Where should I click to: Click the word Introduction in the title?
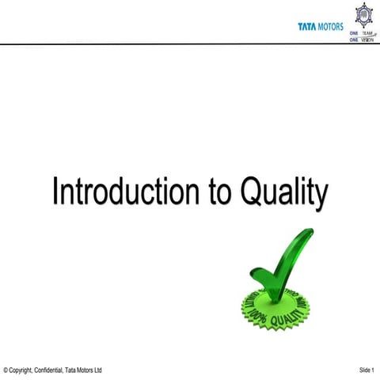click(120, 193)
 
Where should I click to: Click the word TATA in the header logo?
click(306, 26)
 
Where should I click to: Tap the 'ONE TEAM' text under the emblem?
click(361, 34)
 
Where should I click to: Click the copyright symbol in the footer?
click(6, 370)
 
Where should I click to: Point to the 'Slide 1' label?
click(367, 370)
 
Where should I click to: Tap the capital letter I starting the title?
click(55, 192)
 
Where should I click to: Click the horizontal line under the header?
click(190, 44)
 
